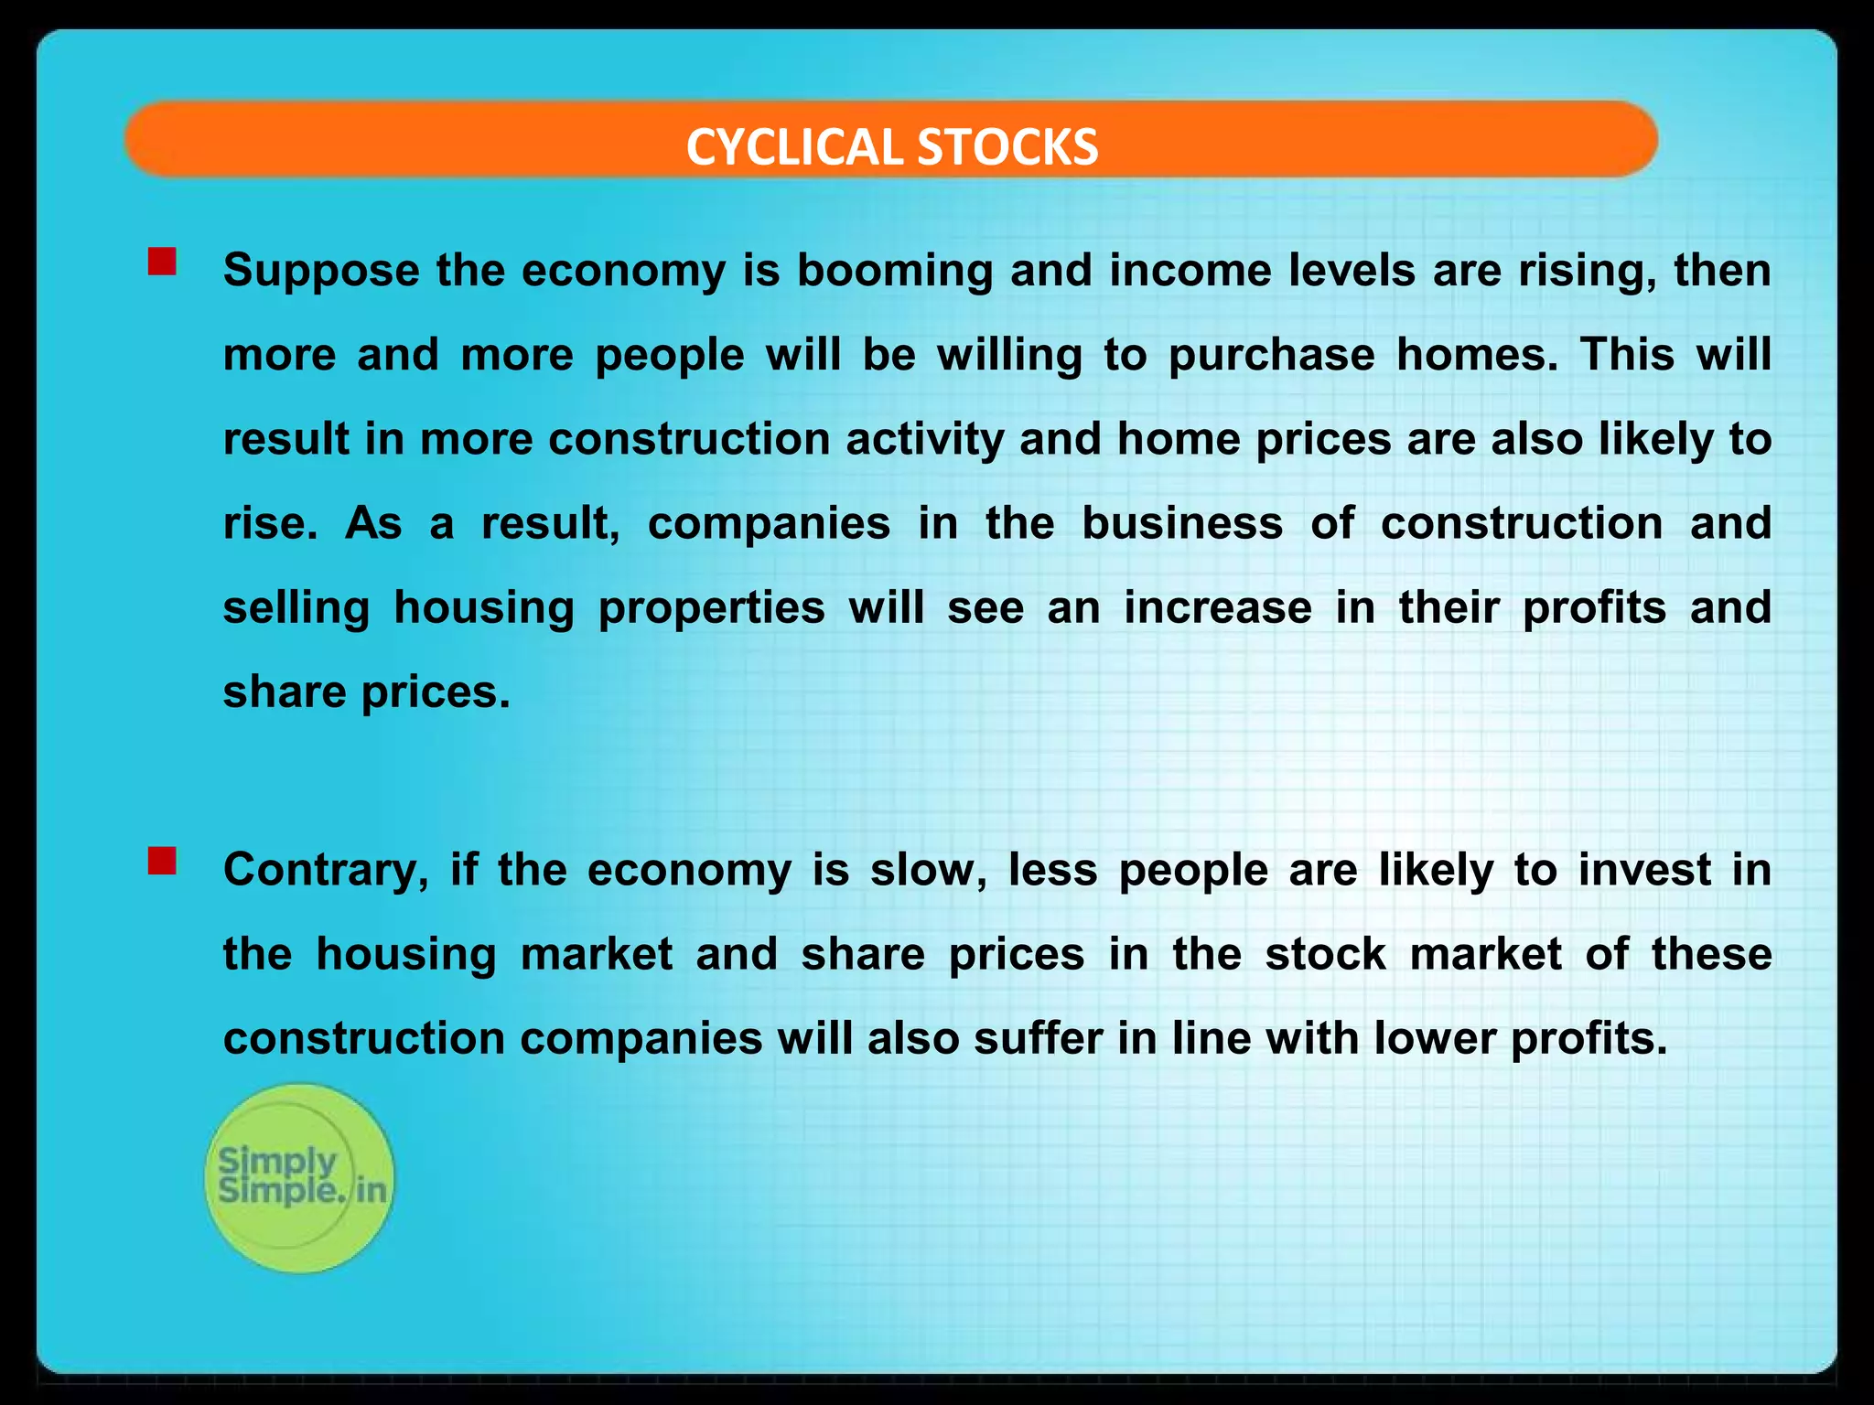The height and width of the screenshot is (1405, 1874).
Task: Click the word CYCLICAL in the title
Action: click(x=795, y=147)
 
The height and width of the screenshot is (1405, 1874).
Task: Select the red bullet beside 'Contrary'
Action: click(x=162, y=861)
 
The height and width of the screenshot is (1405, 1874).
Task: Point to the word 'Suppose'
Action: click(x=321, y=272)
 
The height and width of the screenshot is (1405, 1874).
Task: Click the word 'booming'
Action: click(x=895, y=272)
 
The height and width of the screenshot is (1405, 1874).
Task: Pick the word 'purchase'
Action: click(x=1271, y=355)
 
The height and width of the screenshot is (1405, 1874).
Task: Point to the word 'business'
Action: click(x=1182, y=523)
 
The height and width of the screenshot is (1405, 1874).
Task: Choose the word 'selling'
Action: click(x=296, y=608)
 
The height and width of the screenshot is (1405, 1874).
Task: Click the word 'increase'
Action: click(x=1218, y=608)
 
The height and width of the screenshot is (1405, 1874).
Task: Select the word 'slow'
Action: click(x=928, y=870)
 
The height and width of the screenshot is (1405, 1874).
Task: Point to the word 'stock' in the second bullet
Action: click(x=1326, y=954)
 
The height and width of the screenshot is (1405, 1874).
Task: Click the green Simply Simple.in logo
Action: click(x=299, y=1177)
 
